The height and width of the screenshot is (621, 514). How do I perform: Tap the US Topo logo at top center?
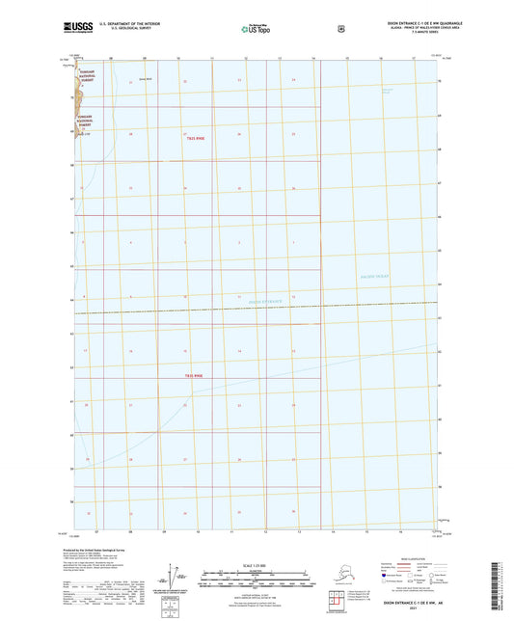click(256, 30)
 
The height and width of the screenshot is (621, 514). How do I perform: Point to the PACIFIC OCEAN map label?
click(370, 278)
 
